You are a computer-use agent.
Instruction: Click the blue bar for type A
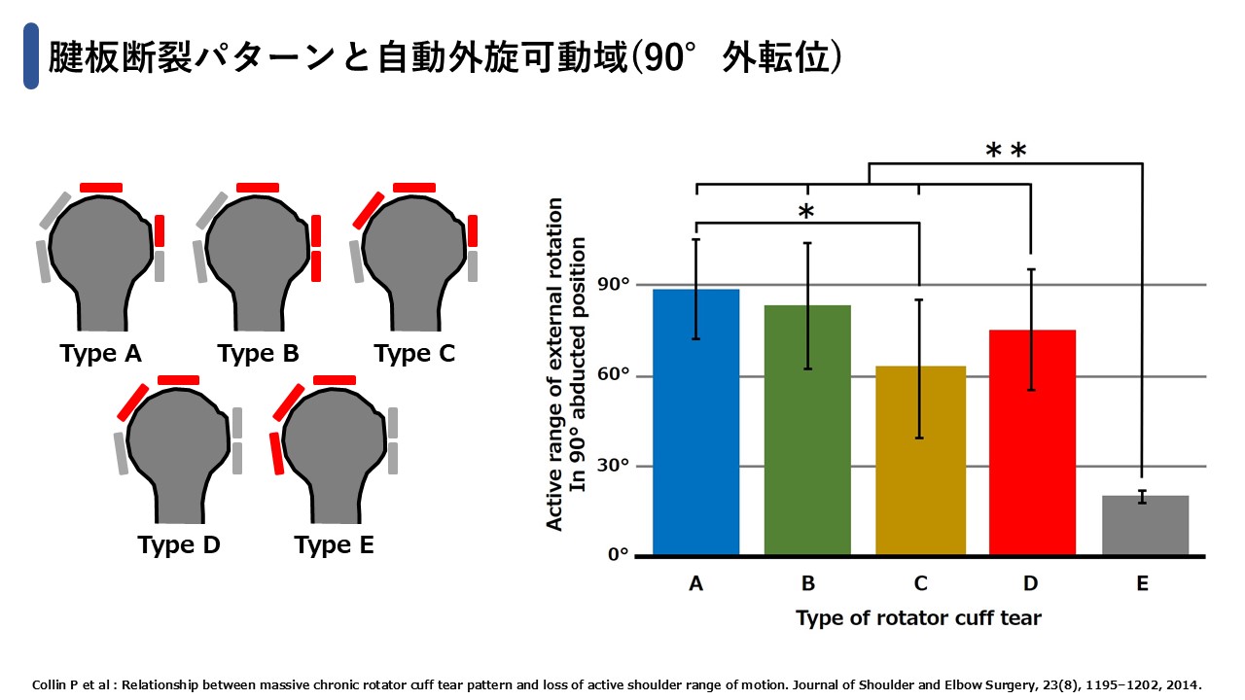coord(695,422)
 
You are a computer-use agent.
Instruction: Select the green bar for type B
coord(807,430)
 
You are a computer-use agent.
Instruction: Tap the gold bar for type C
coord(920,460)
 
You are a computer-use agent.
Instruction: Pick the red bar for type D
coord(1032,442)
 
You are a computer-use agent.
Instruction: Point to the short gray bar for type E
coord(1145,525)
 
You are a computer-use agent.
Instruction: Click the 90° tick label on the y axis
coord(613,285)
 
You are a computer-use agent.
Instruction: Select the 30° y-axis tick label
coord(613,466)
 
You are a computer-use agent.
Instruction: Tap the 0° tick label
coord(618,554)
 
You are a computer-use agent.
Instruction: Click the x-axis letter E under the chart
coord(1142,583)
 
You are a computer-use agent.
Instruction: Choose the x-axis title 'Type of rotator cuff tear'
coord(918,618)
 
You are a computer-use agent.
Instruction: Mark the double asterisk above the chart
coord(1006,150)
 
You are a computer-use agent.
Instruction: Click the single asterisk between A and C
coord(806,211)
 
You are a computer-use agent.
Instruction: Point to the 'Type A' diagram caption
coord(100,354)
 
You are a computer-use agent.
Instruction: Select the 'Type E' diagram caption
coord(334,545)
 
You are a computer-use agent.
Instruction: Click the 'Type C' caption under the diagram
coord(414,354)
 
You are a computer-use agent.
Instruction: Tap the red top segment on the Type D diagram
coord(178,380)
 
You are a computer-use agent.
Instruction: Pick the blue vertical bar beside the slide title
coord(31,56)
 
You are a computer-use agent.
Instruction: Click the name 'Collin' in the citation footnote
coord(50,685)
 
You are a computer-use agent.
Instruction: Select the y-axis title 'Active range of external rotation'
coord(554,364)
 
